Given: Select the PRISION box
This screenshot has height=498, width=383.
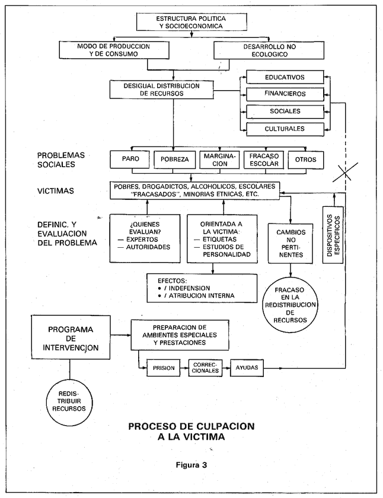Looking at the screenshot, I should coord(164,368).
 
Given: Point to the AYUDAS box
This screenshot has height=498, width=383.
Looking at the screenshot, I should coord(247,368).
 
